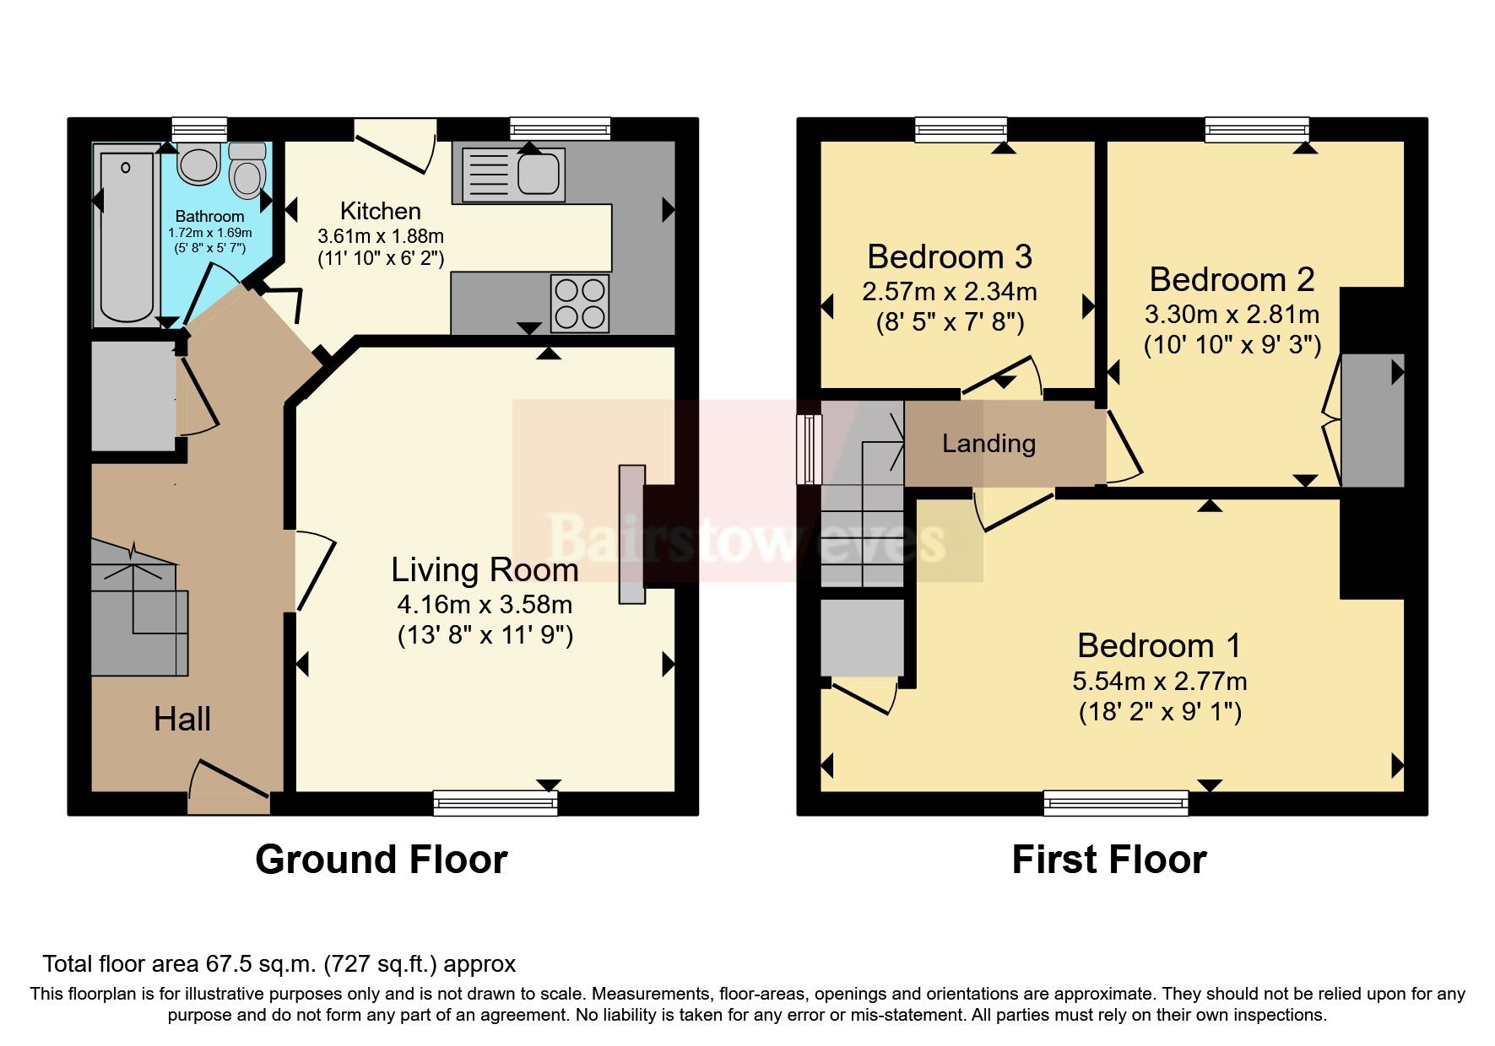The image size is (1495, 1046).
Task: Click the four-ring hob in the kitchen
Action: [580, 303]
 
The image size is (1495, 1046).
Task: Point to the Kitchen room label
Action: [380, 211]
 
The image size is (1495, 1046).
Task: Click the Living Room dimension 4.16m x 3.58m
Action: [485, 604]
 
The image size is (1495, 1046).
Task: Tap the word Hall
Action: [182, 720]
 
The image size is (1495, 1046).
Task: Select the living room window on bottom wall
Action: [496, 802]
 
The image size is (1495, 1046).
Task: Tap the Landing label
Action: [989, 443]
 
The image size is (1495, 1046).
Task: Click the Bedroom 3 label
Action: [950, 256]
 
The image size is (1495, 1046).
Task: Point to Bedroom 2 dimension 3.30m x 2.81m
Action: [1232, 315]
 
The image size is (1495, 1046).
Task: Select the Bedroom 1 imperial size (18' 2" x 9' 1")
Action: [1160, 712]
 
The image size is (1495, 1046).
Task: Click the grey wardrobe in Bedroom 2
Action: [1372, 420]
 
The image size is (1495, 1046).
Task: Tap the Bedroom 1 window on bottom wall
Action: [1116, 802]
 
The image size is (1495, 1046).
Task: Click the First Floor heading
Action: [1108, 860]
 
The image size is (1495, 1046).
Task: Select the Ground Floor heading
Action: [382, 860]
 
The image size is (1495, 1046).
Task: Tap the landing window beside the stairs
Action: [810, 449]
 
